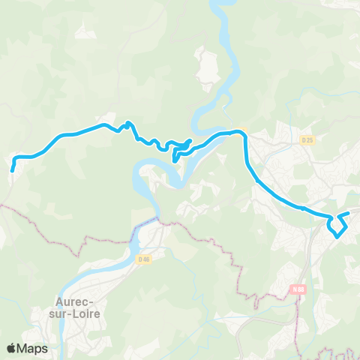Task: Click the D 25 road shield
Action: coord(307,140)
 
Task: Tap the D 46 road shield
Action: coord(145,259)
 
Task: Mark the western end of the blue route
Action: coord(13,170)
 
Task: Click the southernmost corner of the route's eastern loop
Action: coord(337,237)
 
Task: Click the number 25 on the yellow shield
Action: coord(309,140)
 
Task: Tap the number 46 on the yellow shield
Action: coord(147,259)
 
